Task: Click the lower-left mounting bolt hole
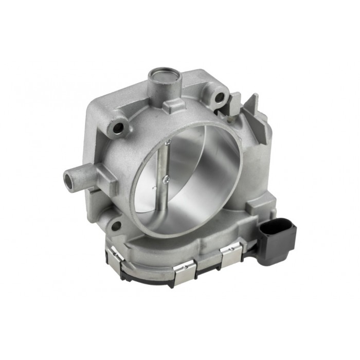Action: [x=116, y=225]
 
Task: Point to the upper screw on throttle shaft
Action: [x=168, y=142]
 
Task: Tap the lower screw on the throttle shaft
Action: [x=166, y=179]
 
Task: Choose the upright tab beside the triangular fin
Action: [x=235, y=102]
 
